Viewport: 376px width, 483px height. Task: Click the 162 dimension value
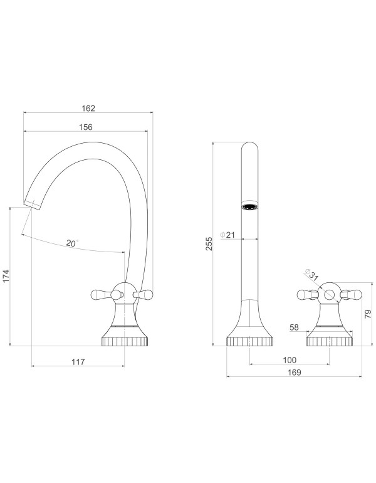click(88, 107)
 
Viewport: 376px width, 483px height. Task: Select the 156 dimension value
click(86, 127)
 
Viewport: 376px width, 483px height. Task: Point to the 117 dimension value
click(78, 362)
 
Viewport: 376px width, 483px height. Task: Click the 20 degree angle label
click(71, 243)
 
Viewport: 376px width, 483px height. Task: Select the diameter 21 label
click(228, 235)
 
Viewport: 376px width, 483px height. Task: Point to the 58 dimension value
click(295, 327)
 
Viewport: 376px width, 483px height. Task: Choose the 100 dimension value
click(289, 361)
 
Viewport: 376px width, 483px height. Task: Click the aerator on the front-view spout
click(250, 207)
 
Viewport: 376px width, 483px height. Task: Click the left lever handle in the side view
click(101, 293)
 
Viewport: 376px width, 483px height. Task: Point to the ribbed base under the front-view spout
click(249, 341)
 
